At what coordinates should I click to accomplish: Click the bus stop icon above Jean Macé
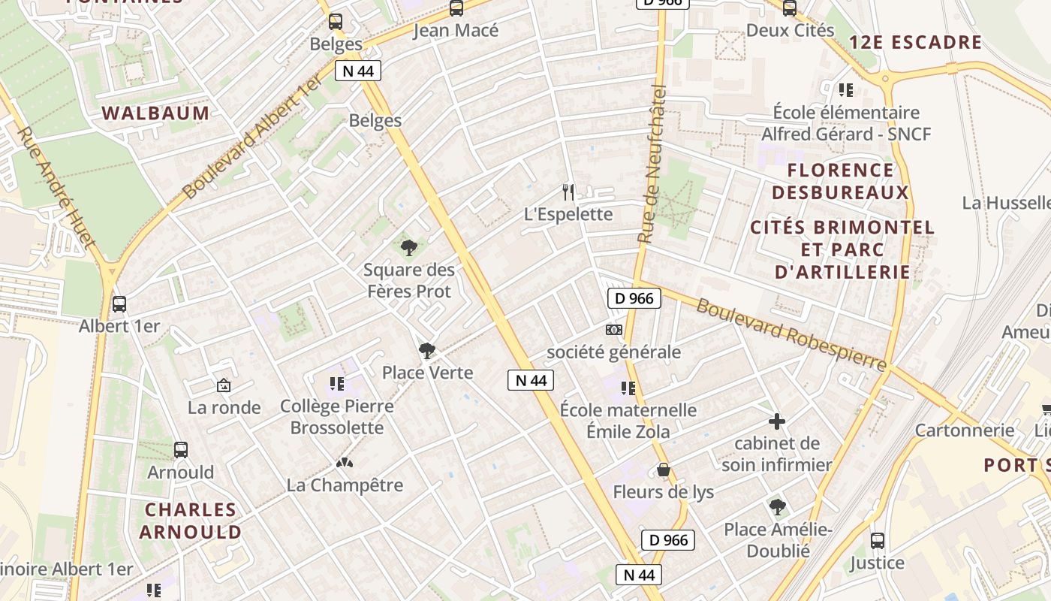(x=456, y=9)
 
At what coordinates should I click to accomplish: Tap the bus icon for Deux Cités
(x=789, y=9)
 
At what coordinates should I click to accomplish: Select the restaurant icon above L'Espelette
(x=568, y=192)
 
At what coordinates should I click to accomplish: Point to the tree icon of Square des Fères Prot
(x=409, y=247)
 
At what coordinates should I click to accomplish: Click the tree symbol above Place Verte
(x=427, y=350)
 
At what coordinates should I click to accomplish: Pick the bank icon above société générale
(x=614, y=330)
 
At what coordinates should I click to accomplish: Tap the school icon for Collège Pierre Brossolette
(x=336, y=384)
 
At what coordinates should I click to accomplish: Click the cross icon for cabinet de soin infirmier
(x=777, y=421)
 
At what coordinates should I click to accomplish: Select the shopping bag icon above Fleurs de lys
(x=663, y=470)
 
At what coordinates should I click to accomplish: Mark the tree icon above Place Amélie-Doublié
(x=777, y=507)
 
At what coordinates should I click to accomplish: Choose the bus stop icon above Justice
(x=877, y=540)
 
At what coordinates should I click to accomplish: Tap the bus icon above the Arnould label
(x=180, y=450)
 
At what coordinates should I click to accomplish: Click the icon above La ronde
(x=223, y=385)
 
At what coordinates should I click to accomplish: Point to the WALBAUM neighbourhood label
(x=155, y=113)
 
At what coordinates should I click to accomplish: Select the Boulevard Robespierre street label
(x=791, y=334)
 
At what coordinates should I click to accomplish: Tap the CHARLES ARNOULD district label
(x=191, y=521)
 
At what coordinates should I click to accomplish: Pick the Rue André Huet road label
(x=56, y=187)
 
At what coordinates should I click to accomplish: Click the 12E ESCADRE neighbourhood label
(x=915, y=42)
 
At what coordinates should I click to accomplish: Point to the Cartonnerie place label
(x=964, y=430)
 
